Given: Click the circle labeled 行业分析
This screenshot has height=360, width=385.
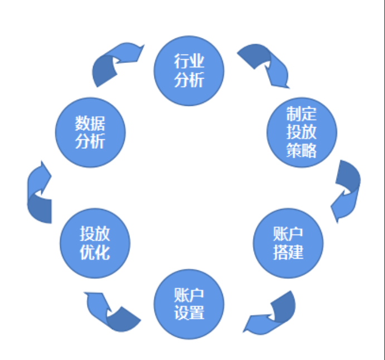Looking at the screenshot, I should (x=189, y=70).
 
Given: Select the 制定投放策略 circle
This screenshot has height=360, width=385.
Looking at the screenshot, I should (x=302, y=132).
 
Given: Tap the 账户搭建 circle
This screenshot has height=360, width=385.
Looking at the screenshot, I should (x=288, y=243).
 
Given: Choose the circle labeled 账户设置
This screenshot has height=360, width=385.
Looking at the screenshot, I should (x=189, y=304).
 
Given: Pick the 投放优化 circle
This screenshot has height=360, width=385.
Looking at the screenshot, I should (x=95, y=243).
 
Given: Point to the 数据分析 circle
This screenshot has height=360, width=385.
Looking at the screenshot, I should (x=90, y=133).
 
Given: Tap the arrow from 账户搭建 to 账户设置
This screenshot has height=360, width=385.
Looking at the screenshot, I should (x=271, y=315).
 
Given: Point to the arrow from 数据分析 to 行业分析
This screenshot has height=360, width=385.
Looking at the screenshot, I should (x=115, y=62).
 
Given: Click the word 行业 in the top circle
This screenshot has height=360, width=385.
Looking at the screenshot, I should (x=189, y=61).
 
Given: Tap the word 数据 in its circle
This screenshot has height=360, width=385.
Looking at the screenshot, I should (x=90, y=124).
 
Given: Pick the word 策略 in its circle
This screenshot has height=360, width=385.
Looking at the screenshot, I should (x=302, y=150).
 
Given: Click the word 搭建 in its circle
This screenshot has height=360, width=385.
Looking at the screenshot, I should (x=288, y=252).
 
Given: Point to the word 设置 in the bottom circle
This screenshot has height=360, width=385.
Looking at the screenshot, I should (x=189, y=313).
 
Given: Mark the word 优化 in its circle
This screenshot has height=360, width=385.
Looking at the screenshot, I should (x=95, y=252).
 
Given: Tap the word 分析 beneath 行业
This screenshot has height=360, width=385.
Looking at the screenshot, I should (x=189, y=80).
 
